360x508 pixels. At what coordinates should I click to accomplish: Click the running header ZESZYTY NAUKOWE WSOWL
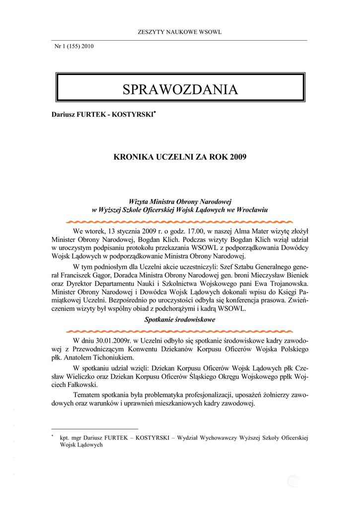click(x=179, y=33)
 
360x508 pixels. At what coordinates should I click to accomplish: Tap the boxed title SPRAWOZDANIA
click(x=180, y=89)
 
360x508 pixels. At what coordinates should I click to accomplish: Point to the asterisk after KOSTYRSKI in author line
click(x=155, y=113)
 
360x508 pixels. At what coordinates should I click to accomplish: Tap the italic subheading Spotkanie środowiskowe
click(x=179, y=320)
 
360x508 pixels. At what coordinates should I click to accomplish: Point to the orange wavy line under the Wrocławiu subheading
click(x=179, y=220)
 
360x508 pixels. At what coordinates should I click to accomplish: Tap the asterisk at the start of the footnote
click(x=52, y=436)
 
